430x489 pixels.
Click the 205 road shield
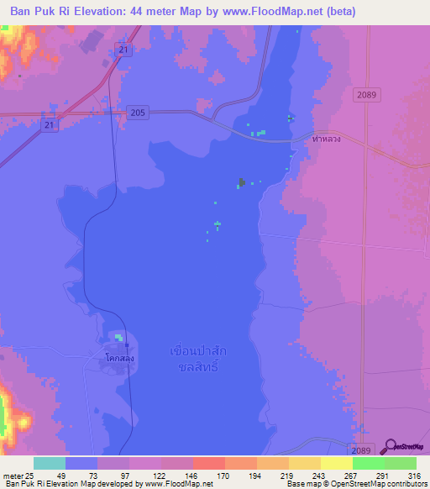pyautogui.click(x=138, y=113)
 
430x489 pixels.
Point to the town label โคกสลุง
pyautogui.click(x=121, y=358)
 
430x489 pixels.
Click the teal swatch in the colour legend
pyautogui.click(x=50, y=463)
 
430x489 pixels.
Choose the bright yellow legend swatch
pyautogui.click(x=336, y=463)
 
